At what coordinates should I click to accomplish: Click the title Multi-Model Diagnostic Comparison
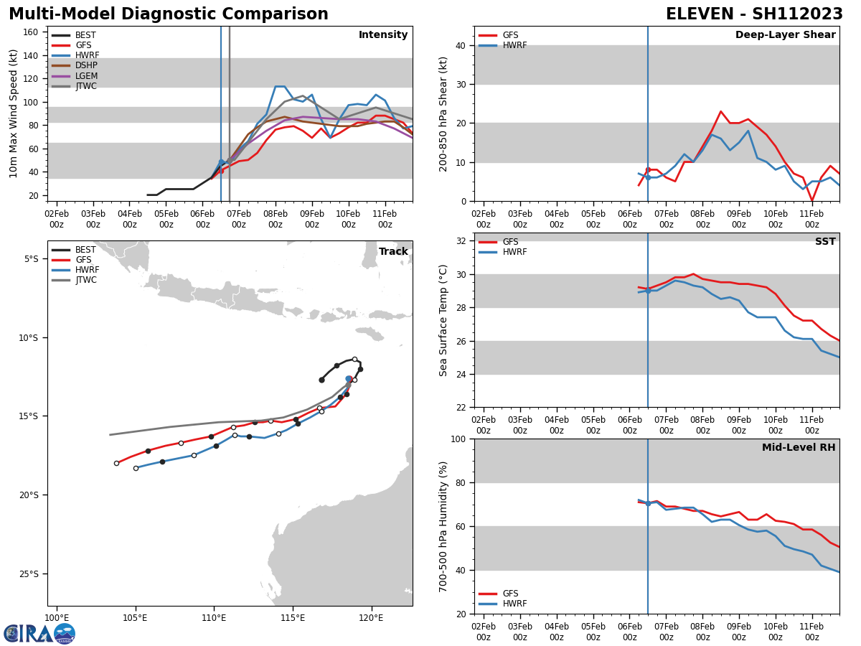tap(169, 14)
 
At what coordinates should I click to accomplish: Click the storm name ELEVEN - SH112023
tap(754, 14)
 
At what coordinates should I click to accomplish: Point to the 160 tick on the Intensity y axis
tap(32, 32)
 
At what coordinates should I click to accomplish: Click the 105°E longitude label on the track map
tap(135, 617)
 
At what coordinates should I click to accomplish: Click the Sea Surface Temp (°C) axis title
tap(443, 320)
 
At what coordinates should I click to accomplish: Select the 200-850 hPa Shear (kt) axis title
tap(443, 113)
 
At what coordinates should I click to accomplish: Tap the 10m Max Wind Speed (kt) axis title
tap(13, 113)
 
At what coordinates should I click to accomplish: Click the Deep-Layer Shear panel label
tap(785, 35)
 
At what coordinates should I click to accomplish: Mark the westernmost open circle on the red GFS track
tap(116, 463)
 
